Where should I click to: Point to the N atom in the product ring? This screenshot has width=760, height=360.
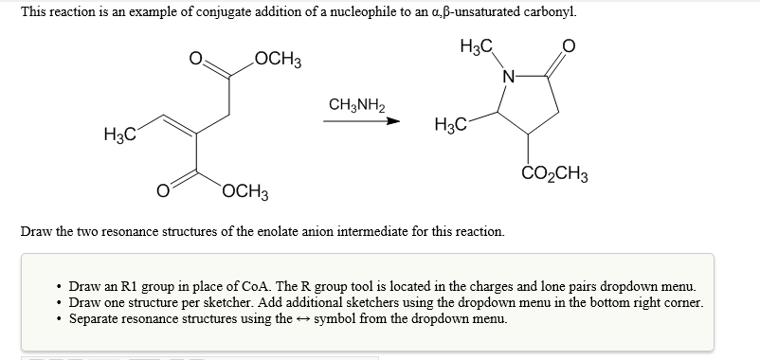coord(509,76)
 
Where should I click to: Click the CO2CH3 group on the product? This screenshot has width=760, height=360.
coord(555,174)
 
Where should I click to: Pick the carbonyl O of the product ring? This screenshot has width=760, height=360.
coord(567,45)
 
